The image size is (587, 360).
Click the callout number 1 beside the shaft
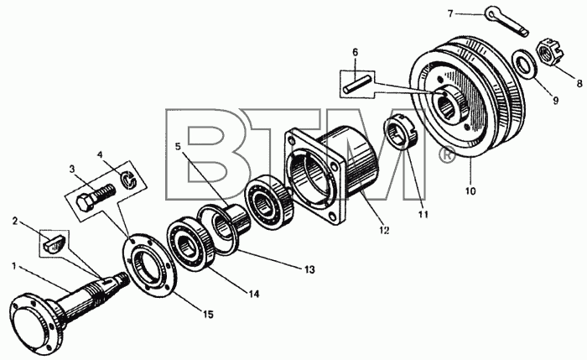pos(14,266)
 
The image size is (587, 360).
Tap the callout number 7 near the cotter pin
pos(450,14)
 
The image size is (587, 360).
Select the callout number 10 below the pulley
pos(470,191)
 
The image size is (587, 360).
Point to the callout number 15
pos(208,315)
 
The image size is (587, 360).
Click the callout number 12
pos(383,230)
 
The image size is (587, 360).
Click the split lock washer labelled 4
pos(129,179)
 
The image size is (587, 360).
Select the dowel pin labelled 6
pos(357,85)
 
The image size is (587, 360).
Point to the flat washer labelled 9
pos(524,62)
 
